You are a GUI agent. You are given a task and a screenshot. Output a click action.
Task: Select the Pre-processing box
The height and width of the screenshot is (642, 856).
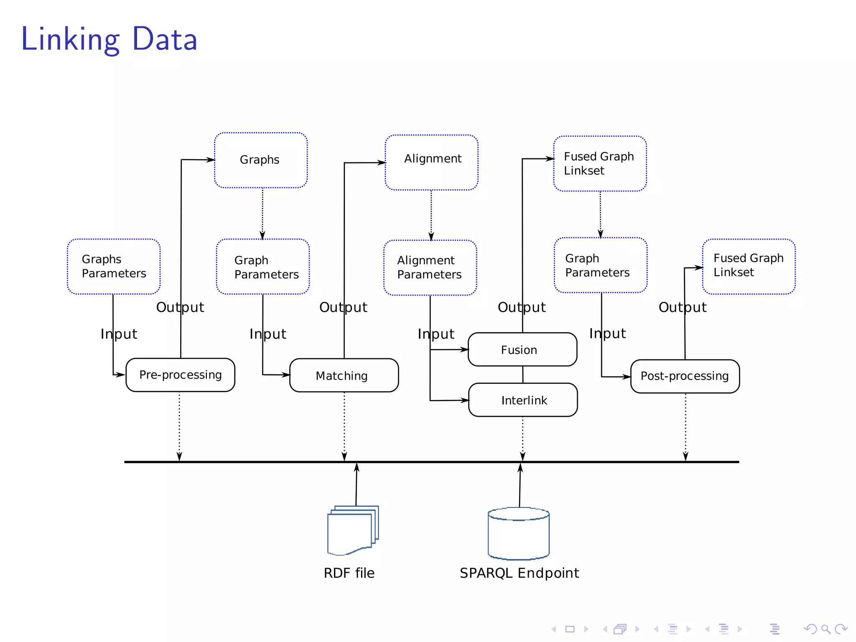pyautogui.click(x=180, y=375)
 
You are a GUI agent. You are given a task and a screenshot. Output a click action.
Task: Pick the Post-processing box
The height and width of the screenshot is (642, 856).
pyautogui.click(x=685, y=376)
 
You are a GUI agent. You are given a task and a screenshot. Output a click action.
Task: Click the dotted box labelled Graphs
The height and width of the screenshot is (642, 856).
pyautogui.click(x=260, y=160)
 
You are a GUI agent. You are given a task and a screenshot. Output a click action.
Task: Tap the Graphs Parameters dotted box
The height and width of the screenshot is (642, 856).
pyautogui.click(x=114, y=267)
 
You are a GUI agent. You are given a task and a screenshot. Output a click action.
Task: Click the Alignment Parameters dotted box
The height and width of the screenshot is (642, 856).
pyautogui.click(x=430, y=267)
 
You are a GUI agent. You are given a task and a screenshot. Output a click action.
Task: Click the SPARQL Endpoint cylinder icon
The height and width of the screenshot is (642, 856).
pyautogui.click(x=518, y=534)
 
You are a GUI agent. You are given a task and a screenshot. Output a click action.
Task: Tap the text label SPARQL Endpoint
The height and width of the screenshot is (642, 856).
pyautogui.click(x=519, y=573)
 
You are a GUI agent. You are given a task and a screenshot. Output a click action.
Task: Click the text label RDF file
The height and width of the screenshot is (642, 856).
pyautogui.click(x=349, y=573)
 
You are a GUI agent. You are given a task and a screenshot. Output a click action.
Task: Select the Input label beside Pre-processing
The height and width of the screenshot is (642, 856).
pyautogui.click(x=119, y=334)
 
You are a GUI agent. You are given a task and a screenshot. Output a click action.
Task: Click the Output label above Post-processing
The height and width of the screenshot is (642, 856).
pyautogui.click(x=682, y=307)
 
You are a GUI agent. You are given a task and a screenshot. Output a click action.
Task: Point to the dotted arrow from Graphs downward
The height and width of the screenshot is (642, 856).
pyautogui.click(x=262, y=213)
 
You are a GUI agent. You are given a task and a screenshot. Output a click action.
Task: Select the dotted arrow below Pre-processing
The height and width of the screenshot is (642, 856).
pyautogui.click(x=179, y=426)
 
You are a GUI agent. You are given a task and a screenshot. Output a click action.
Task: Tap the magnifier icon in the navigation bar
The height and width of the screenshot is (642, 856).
pyautogui.click(x=825, y=629)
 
